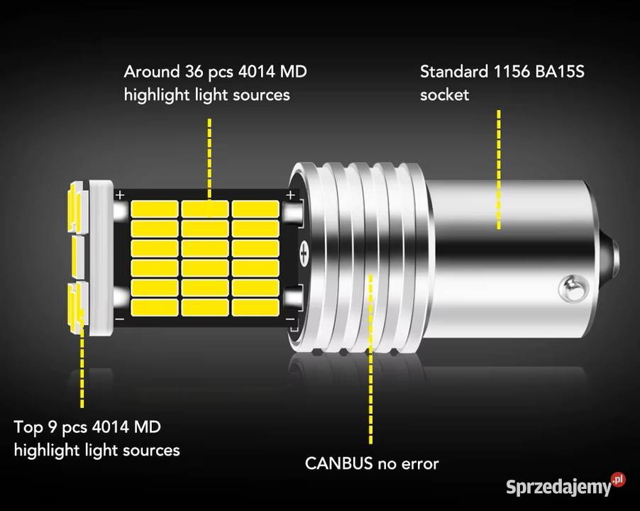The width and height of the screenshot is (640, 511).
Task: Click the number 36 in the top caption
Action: [194, 72]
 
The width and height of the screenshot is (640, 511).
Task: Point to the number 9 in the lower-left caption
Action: [53, 427]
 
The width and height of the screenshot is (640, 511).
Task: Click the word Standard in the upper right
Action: [454, 72]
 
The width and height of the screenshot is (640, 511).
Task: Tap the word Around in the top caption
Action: [151, 72]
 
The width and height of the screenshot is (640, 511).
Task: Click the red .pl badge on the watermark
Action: [619, 479]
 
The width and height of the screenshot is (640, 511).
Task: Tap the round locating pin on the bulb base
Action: [574, 288]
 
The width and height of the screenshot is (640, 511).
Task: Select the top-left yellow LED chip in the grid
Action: [154, 209]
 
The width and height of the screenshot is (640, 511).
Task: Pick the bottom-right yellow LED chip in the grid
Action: [255, 307]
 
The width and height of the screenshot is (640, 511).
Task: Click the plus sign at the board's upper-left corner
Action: [120, 195]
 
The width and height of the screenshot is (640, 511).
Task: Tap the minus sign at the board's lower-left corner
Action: [120, 319]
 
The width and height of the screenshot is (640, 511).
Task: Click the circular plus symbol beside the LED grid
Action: [305, 253]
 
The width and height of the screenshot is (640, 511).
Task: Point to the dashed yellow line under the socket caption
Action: [498, 170]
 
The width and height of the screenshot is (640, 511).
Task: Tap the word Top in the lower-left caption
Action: [28, 427]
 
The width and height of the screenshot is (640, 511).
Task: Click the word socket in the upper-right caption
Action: [444, 94]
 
